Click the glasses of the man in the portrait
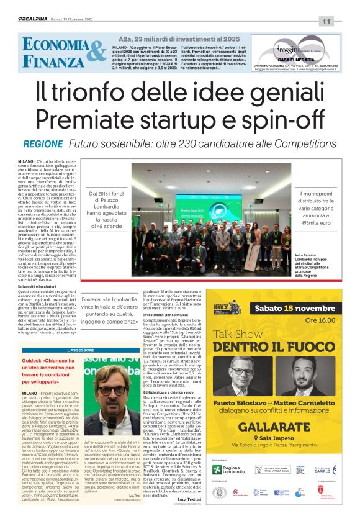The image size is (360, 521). point(113,391)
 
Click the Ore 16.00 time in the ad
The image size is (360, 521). point(320,320)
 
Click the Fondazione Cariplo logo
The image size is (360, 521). point(323,470)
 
